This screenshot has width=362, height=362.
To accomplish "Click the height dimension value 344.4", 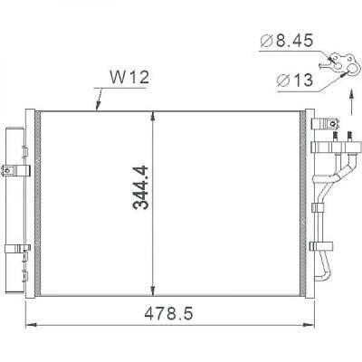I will point(140,187).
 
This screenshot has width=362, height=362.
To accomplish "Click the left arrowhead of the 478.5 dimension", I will point(27,327).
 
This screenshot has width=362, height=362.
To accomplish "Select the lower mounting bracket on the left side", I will point(13,248).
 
